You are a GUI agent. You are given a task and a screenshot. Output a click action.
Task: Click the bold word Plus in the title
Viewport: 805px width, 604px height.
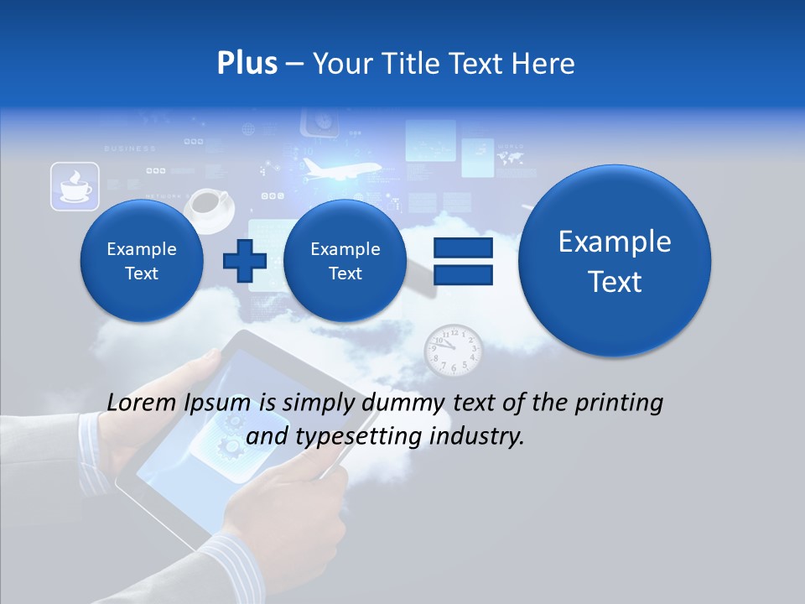click(x=247, y=64)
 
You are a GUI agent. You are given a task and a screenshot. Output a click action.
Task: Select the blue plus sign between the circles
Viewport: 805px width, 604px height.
click(x=244, y=261)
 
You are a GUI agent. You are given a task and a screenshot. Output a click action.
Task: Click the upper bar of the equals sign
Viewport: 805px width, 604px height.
click(x=462, y=247)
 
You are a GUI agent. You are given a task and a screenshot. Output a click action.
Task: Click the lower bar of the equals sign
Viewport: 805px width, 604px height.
click(x=462, y=276)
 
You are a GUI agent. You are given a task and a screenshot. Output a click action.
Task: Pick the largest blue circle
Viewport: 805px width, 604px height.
click(x=615, y=261)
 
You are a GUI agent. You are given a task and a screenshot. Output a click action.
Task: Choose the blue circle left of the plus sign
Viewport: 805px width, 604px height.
click(x=142, y=261)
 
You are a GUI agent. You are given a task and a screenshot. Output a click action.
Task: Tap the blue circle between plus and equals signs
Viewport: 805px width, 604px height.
click(x=345, y=261)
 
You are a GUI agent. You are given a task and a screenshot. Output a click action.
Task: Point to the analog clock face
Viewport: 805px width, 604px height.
click(x=453, y=351)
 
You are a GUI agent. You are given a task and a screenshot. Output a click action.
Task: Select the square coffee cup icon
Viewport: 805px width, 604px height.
click(x=75, y=186)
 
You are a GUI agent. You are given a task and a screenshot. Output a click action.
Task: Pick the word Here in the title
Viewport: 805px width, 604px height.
click(x=546, y=64)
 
